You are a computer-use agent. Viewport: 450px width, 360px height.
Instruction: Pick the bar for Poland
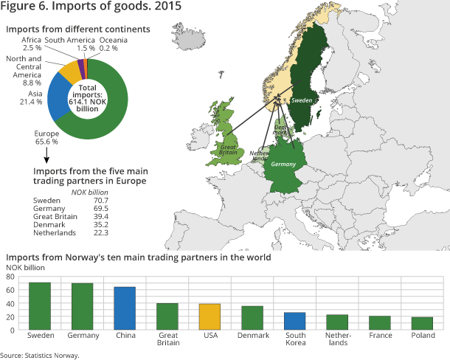coord(422,323)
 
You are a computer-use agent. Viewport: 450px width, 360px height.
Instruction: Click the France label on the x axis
coord(379,336)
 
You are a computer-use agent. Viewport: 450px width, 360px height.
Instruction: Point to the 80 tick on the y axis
coord(11,277)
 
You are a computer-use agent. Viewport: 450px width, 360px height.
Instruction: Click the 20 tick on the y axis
coord(11,316)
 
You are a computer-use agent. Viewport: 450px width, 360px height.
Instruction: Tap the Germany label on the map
coord(283,165)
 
